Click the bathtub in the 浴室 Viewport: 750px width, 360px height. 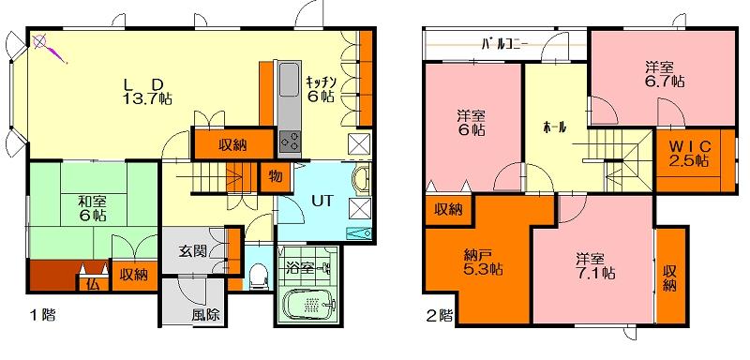(x=309, y=303)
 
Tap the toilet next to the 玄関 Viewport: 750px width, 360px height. (x=259, y=277)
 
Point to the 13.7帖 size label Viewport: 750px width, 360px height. (x=147, y=99)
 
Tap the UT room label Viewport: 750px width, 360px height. (x=320, y=201)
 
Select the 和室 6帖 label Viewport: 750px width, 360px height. (x=92, y=208)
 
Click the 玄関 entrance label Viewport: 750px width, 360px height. (x=193, y=252)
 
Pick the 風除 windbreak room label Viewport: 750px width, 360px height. (x=205, y=315)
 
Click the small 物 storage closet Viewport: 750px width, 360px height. (x=276, y=176)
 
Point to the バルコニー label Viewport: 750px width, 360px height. (x=504, y=44)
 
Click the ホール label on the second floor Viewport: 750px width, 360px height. (x=555, y=127)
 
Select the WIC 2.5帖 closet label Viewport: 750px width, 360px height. (x=689, y=154)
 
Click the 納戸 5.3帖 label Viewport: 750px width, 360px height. (x=482, y=262)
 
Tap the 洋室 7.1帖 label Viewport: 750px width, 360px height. (x=595, y=266)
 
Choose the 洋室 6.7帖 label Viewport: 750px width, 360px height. (x=664, y=74)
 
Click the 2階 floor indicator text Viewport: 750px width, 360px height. (x=439, y=316)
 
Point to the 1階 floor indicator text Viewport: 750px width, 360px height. (x=43, y=316)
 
